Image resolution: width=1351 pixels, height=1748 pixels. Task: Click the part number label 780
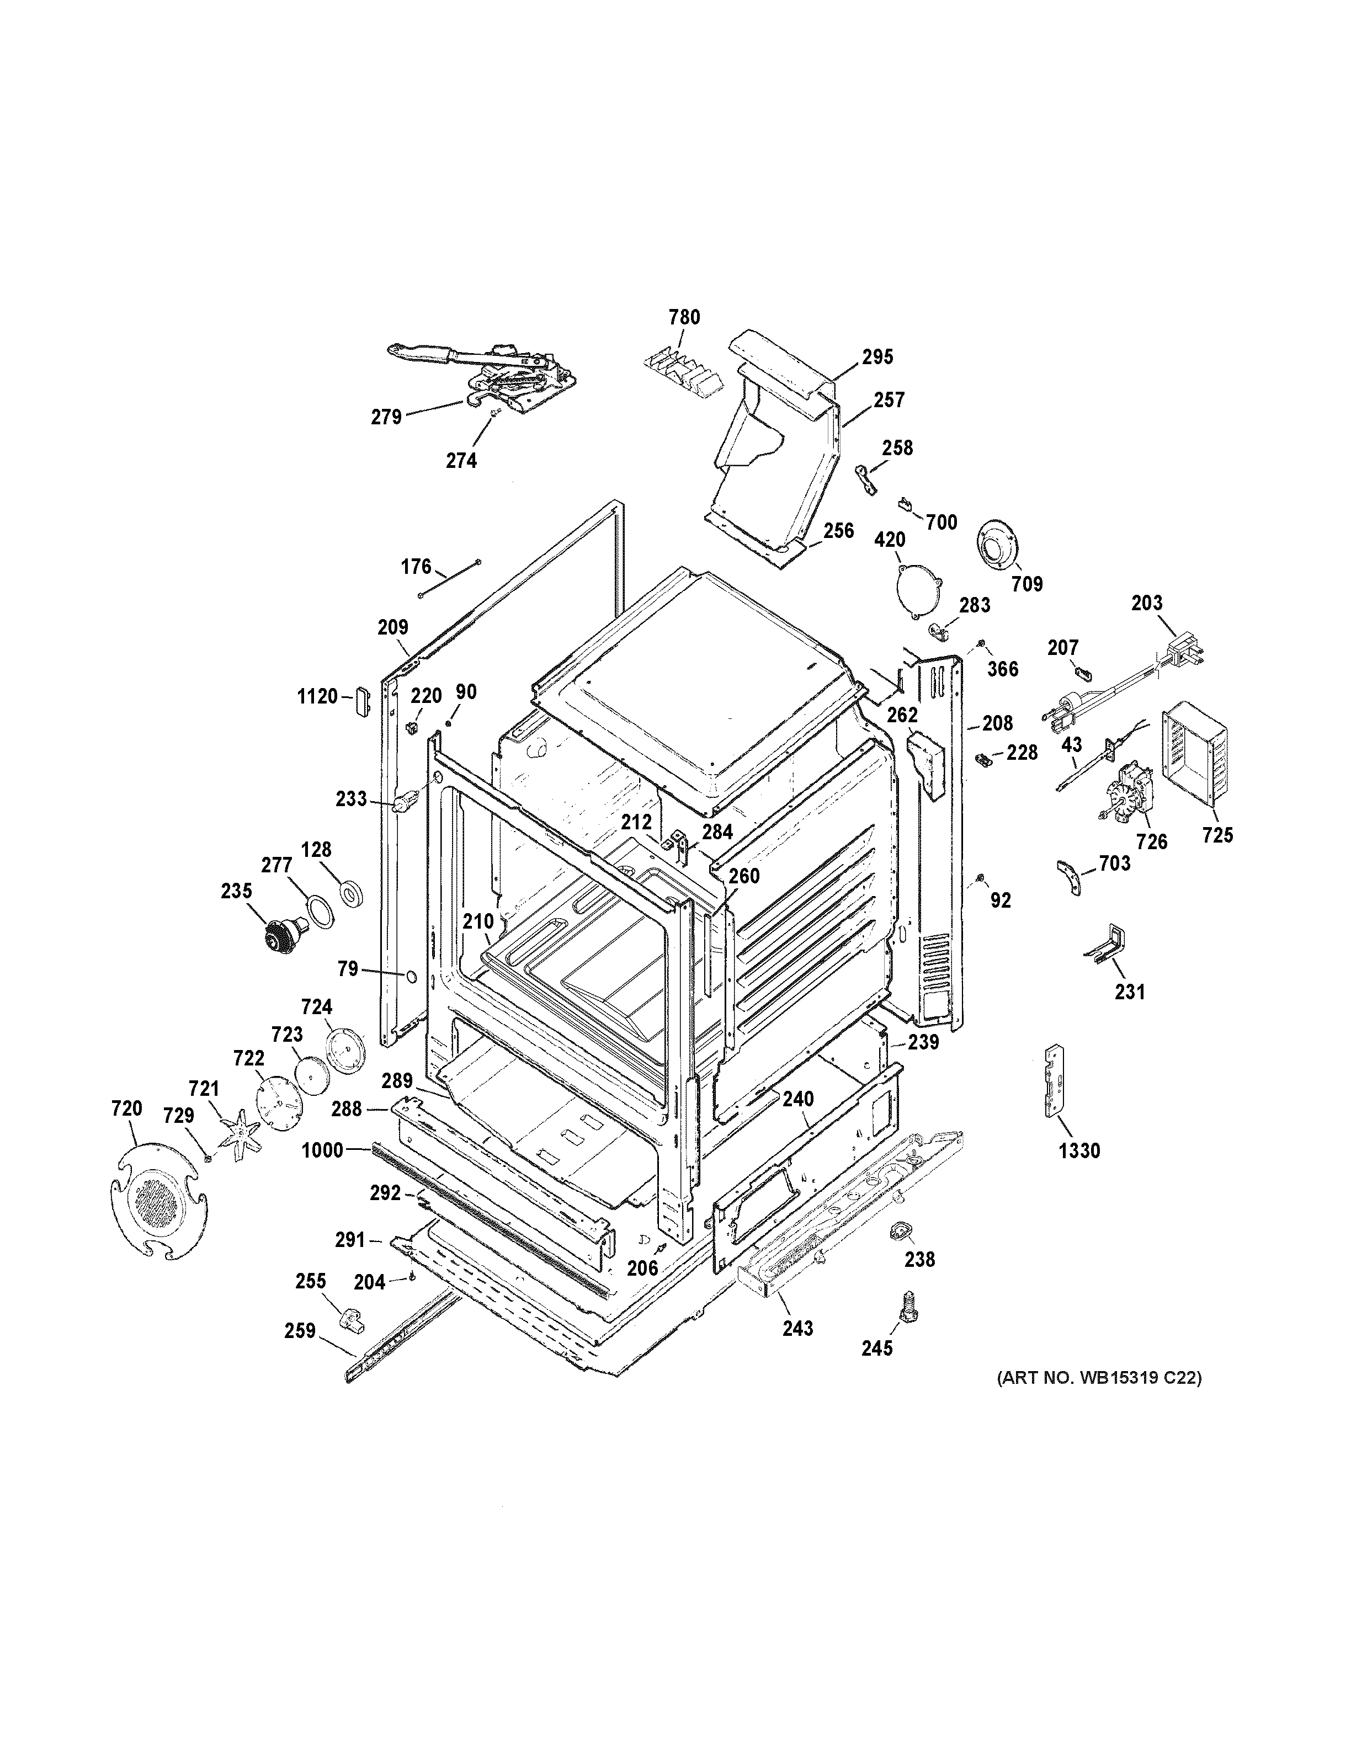(684, 318)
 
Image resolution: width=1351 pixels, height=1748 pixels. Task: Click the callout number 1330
(1079, 1151)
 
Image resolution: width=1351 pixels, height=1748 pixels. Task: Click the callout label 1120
(318, 696)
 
